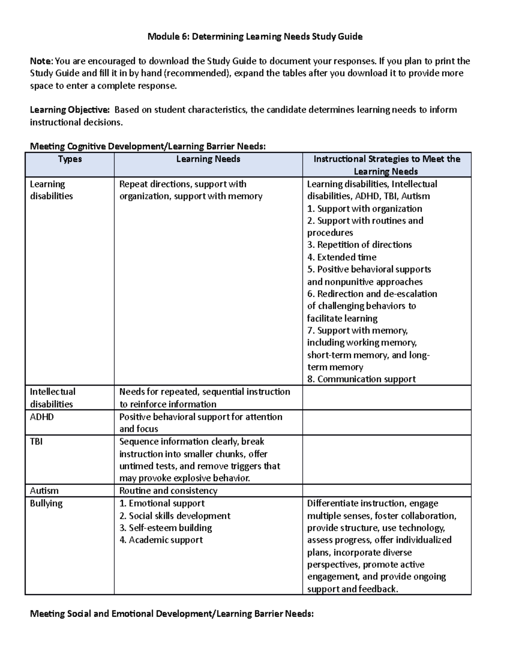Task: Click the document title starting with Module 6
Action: pyautogui.click(x=255, y=37)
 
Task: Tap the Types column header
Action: pyautogui.click(x=70, y=159)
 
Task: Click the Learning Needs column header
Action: pyautogui.click(x=208, y=159)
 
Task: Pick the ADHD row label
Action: pyautogui.click(x=42, y=417)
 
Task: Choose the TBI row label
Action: pyautogui.click(x=36, y=442)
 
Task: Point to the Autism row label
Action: pyautogui.click(x=44, y=491)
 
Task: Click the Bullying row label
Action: pyautogui.click(x=46, y=504)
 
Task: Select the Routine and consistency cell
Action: pyautogui.click(x=168, y=491)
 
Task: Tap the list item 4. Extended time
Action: pyautogui.click(x=342, y=257)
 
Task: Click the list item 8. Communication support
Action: pyautogui.click(x=361, y=379)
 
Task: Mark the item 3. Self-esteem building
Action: pyautogui.click(x=166, y=528)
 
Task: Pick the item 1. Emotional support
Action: pyautogui.click(x=162, y=504)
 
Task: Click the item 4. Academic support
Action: pyautogui.click(x=161, y=540)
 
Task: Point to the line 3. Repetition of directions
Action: pyautogui.click(x=360, y=245)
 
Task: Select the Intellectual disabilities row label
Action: pyautogui.click(x=52, y=398)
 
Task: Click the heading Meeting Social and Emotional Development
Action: pyautogui.click(x=172, y=614)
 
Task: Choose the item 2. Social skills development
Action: pyautogui.click(x=175, y=516)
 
